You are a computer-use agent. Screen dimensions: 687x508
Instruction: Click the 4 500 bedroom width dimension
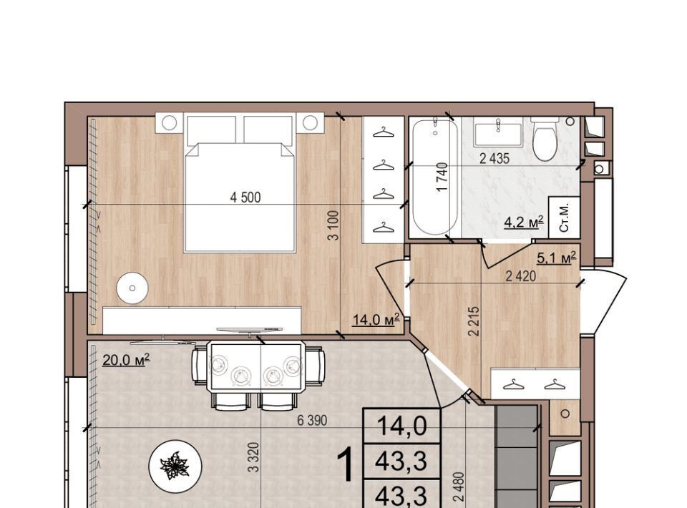pos(245,197)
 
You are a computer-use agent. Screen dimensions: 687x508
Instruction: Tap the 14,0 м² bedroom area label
pos(376,319)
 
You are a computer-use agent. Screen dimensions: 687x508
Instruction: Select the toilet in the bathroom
pos(545,138)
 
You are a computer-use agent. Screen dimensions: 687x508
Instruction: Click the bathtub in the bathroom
pos(435,177)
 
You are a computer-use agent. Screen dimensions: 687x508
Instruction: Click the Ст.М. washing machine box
pos(565,218)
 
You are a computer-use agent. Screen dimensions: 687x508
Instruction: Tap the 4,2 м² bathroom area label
pos(524,222)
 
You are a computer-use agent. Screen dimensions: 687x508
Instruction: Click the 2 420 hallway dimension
pos(520,276)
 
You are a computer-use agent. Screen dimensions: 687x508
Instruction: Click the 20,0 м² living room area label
pos(126,360)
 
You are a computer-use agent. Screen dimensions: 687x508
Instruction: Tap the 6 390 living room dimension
pos(312,421)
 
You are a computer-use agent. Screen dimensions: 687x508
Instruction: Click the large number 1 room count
pos(348,465)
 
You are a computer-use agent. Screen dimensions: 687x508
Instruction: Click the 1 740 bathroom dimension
pos(442,177)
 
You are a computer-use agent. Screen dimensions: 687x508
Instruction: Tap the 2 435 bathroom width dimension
pos(494,159)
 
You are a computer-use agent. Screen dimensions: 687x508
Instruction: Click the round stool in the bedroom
pos(132,288)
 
